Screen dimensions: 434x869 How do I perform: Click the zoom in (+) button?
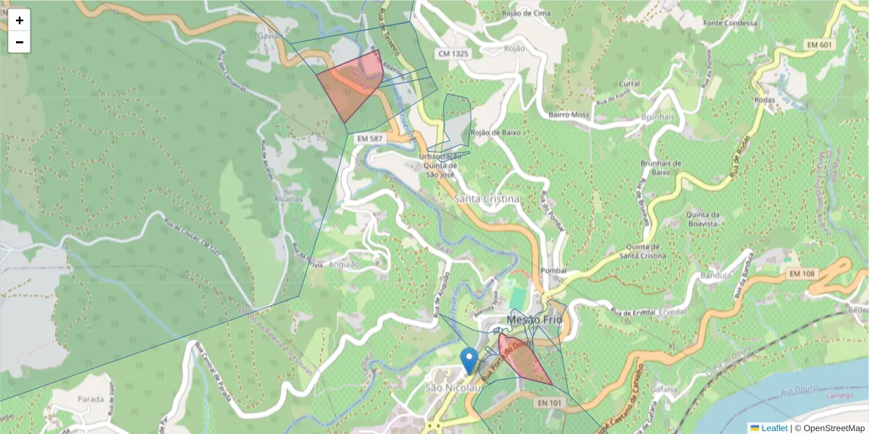point(20,20)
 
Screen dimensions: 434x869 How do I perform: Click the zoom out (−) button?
point(20,42)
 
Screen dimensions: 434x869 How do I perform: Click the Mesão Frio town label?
point(534,319)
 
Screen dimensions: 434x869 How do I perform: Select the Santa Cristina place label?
point(487,199)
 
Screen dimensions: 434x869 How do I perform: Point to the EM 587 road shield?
point(369,138)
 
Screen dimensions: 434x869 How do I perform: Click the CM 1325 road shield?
point(453,54)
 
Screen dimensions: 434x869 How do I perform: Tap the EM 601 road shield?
point(820,46)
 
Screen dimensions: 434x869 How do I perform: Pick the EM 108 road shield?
point(799,273)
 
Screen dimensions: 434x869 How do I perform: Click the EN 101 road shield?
point(551,402)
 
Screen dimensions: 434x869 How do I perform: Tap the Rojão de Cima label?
point(527,13)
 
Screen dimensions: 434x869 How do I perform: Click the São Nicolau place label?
point(453,388)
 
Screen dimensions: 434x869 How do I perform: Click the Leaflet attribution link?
point(773,428)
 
